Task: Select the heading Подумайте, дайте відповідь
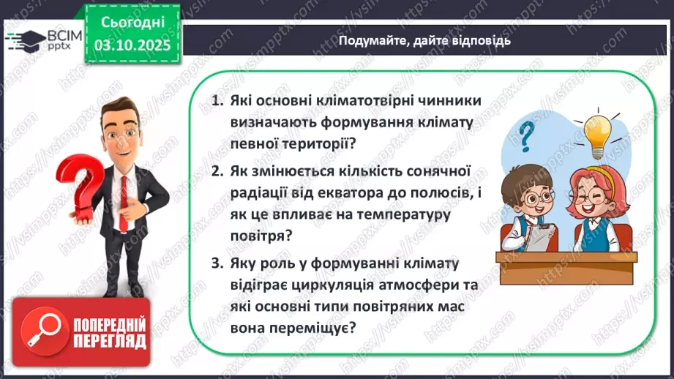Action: click(x=424, y=41)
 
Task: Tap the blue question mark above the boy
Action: click(x=525, y=136)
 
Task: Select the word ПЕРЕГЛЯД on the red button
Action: click(x=111, y=341)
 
